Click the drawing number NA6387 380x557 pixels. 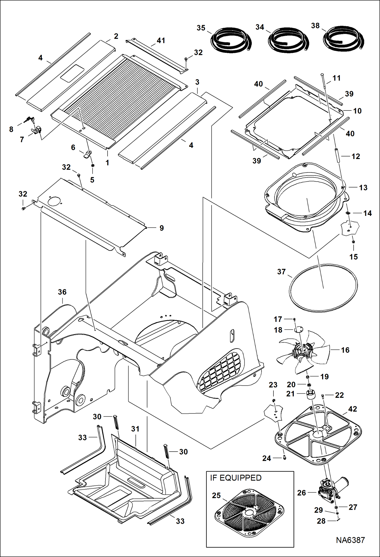pyautogui.click(x=350, y=540)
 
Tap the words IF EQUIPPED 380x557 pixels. pyautogui.click(x=236, y=478)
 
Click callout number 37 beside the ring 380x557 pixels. pyautogui.click(x=281, y=272)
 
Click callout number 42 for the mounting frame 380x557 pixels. pyautogui.click(x=353, y=409)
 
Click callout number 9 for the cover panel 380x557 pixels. pyautogui.click(x=162, y=228)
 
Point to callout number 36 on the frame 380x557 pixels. pyautogui.click(x=62, y=292)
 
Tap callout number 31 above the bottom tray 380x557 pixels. pyautogui.click(x=135, y=429)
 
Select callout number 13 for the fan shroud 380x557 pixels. pyautogui.click(x=363, y=187)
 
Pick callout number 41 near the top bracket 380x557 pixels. pyautogui.click(x=161, y=40)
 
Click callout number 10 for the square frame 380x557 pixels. pyautogui.click(x=357, y=111)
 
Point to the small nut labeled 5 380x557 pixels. pyautogui.click(x=93, y=166)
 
